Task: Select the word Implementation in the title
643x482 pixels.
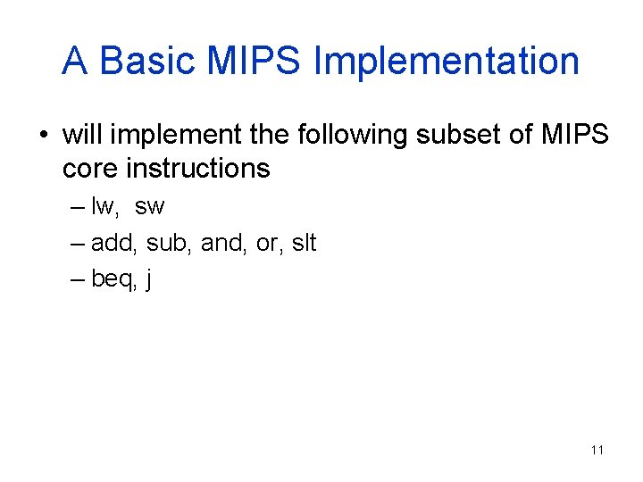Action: click(x=447, y=61)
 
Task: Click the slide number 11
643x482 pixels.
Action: click(x=597, y=450)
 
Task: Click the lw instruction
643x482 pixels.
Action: click(x=104, y=206)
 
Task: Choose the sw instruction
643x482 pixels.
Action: click(x=150, y=206)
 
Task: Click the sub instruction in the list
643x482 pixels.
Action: click(x=164, y=243)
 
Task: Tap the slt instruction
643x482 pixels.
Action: click(x=304, y=243)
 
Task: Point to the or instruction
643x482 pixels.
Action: click(x=265, y=243)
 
